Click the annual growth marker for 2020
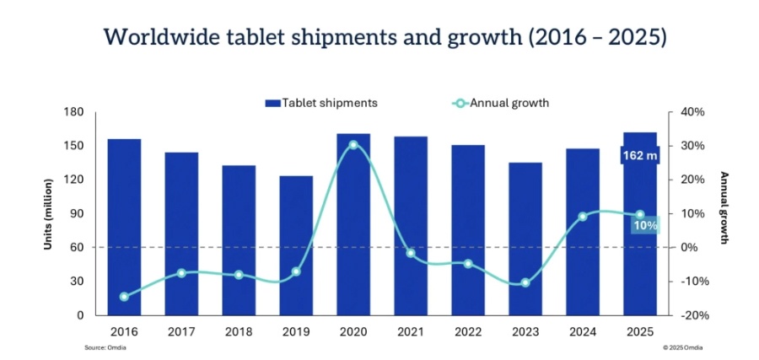(x=353, y=144)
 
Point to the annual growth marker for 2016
(x=125, y=297)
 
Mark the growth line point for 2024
(x=583, y=217)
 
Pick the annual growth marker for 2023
(x=525, y=282)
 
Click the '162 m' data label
(x=640, y=155)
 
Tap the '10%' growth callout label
(x=645, y=225)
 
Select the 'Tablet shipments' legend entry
(x=321, y=103)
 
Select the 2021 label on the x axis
(x=411, y=332)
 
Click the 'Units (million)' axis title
(x=48, y=213)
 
